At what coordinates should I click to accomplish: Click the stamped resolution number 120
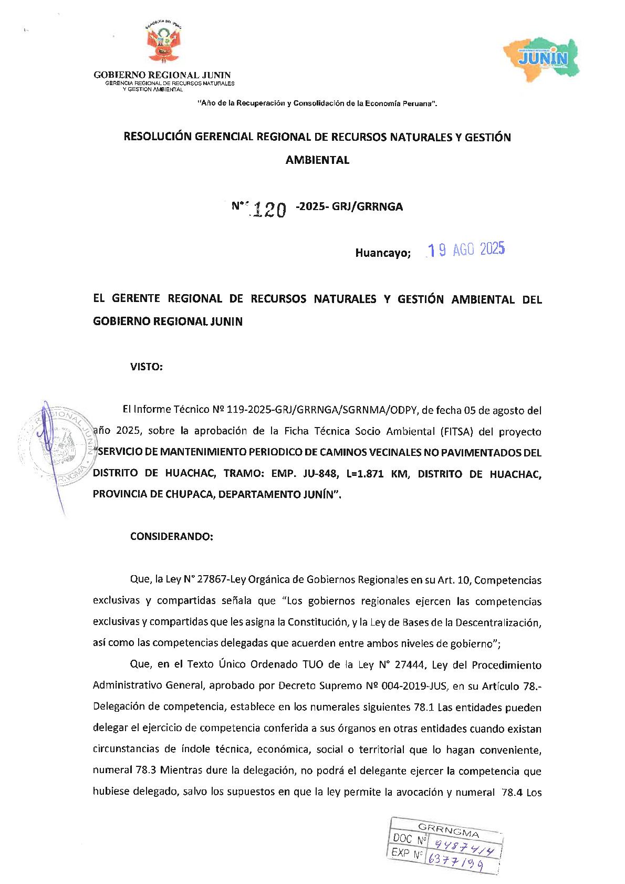[x=269, y=210]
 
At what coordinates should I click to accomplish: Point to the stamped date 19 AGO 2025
[x=466, y=250]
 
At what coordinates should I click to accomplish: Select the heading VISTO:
[x=147, y=367]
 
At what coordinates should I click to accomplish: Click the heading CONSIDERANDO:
[x=172, y=537]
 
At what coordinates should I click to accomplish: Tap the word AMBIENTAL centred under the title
[x=317, y=160]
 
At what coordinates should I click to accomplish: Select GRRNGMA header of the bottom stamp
[x=449, y=830]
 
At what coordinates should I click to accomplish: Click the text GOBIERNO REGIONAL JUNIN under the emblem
[x=162, y=75]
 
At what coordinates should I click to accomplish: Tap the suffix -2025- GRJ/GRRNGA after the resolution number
[x=350, y=207]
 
